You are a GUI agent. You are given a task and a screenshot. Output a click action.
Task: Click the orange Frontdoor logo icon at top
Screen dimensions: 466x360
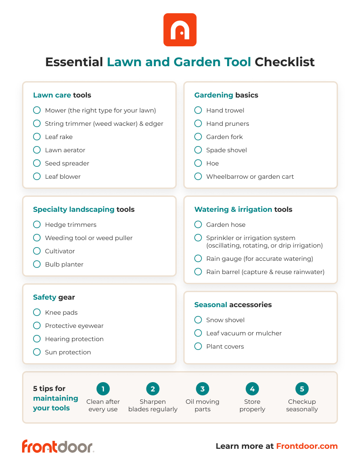pyautogui.click(x=180, y=30)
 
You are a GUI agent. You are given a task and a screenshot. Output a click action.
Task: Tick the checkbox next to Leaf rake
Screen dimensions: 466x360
pyautogui.click(x=37, y=137)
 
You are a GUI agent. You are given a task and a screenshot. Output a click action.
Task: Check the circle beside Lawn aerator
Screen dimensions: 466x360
pyautogui.click(x=37, y=150)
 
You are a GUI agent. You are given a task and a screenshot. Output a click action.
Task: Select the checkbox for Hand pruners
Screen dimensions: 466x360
pyautogui.click(x=198, y=124)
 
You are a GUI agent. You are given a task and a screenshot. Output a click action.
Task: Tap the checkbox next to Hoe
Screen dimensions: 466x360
pyautogui.click(x=198, y=163)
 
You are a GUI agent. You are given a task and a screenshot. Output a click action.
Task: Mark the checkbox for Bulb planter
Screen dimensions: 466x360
pyautogui.click(x=37, y=264)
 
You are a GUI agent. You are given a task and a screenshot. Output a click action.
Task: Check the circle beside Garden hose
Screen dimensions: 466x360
pyautogui.click(x=198, y=225)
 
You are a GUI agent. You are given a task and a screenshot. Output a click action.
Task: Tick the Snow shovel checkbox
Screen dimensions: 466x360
pyautogui.click(x=198, y=320)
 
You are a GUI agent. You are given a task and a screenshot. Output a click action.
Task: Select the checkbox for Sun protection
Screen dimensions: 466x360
pyautogui.click(x=37, y=352)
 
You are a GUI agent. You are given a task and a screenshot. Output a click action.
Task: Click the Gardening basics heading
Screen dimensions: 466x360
pyautogui.click(x=226, y=95)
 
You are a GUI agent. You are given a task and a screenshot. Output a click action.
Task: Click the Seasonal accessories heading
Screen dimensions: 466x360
pyautogui.click(x=232, y=305)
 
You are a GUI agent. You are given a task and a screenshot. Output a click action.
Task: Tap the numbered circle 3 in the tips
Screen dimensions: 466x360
pyautogui.click(x=202, y=389)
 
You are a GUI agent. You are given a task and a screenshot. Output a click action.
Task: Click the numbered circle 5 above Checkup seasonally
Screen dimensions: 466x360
pyautogui.click(x=302, y=389)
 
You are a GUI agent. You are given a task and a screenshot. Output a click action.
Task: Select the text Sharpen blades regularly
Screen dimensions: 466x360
pyautogui.click(x=153, y=406)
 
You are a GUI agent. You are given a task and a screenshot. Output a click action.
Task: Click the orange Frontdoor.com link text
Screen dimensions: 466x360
pyautogui.click(x=307, y=446)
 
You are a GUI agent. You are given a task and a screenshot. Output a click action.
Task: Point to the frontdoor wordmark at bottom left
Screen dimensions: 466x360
pyautogui.click(x=58, y=446)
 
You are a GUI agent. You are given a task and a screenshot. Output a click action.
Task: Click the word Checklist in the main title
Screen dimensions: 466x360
pyautogui.click(x=285, y=62)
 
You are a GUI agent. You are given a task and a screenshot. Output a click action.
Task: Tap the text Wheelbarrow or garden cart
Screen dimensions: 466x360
pyautogui.click(x=250, y=177)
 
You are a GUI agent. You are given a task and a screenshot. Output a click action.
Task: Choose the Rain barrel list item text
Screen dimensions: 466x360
pyautogui.click(x=265, y=272)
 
